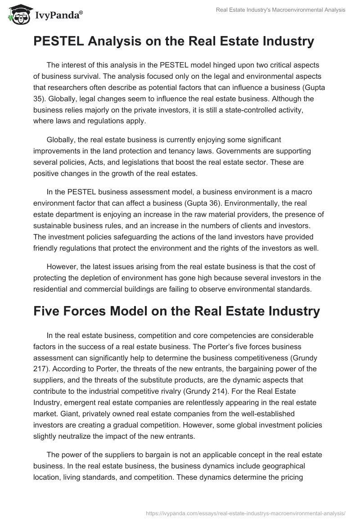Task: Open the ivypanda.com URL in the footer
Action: pos(245,513)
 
